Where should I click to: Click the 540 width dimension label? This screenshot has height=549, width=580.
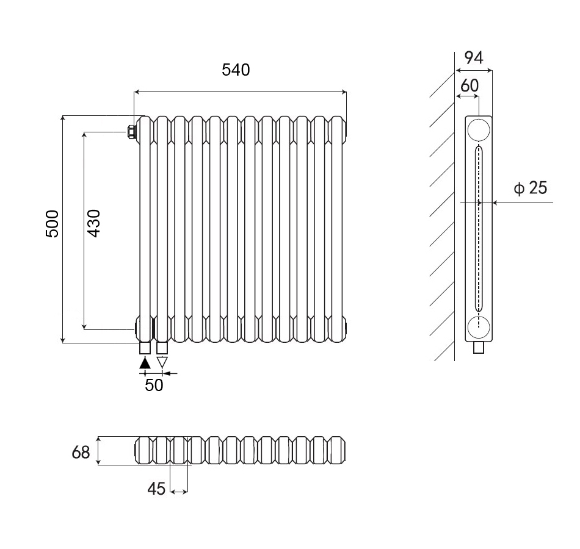click(x=236, y=70)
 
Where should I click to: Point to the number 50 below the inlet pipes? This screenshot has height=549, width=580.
click(x=154, y=386)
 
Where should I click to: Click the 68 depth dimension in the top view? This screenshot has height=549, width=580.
click(x=81, y=452)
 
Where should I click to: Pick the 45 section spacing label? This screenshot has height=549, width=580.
click(x=156, y=489)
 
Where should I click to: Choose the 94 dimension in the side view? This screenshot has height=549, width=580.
click(x=474, y=58)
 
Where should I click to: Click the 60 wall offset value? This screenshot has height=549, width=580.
click(x=469, y=86)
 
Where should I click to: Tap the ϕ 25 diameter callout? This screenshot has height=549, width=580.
click(x=530, y=188)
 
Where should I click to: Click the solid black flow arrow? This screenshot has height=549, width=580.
click(x=145, y=362)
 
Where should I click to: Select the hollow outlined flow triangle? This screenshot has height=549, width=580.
click(x=162, y=362)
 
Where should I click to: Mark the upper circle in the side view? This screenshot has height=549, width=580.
click(x=479, y=130)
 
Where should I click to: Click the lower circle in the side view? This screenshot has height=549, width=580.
click(x=479, y=328)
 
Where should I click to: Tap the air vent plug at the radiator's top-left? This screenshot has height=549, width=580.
click(x=131, y=131)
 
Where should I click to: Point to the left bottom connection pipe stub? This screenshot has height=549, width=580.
click(x=145, y=348)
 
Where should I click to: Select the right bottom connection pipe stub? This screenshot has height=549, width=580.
click(x=162, y=348)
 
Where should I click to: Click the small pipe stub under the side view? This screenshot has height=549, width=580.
click(x=479, y=348)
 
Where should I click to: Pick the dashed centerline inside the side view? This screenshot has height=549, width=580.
click(x=479, y=232)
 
